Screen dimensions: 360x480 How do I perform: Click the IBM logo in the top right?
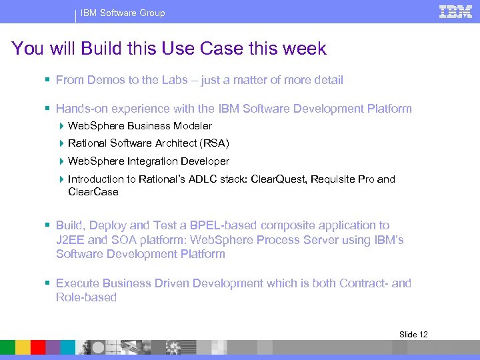pyautogui.click(x=455, y=11)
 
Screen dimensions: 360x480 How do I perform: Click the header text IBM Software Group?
pyautogui.click(x=123, y=13)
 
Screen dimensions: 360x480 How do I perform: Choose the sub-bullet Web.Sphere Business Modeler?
pyautogui.click(x=140, y=126)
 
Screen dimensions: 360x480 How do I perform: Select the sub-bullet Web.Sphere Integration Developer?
pyautogui.click(x=148, y=161)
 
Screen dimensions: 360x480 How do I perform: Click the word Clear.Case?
pyautogui.click(x=93, y=192)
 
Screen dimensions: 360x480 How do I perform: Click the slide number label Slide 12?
pyautogui.click(x=413, y=334)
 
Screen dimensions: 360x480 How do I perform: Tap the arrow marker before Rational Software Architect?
pyautogui.click(x=62, y=143)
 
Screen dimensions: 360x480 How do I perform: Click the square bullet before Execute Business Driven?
pyautogui.click(x=48, y=283)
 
